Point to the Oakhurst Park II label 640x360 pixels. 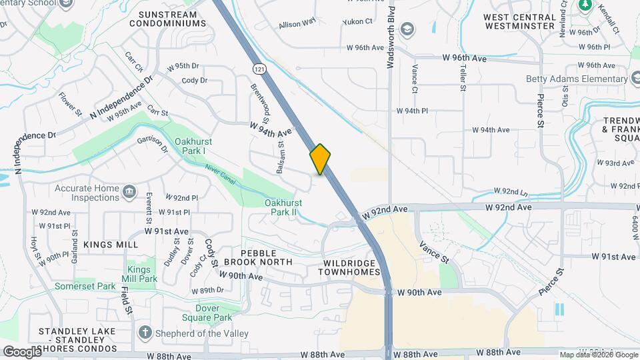283,207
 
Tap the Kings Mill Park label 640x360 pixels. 143,274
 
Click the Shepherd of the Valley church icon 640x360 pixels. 145,333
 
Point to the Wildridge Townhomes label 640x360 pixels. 349,267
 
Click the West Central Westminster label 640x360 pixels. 519,21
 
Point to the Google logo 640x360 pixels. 21,351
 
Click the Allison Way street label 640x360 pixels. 297,23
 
